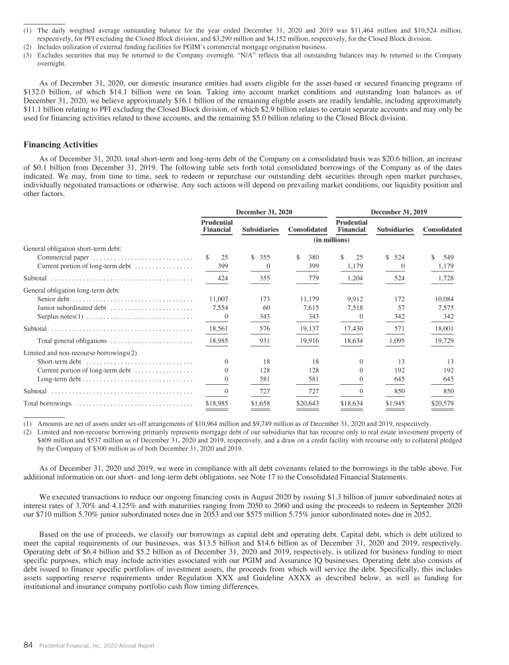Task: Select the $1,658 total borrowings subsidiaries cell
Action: click(262, 402)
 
